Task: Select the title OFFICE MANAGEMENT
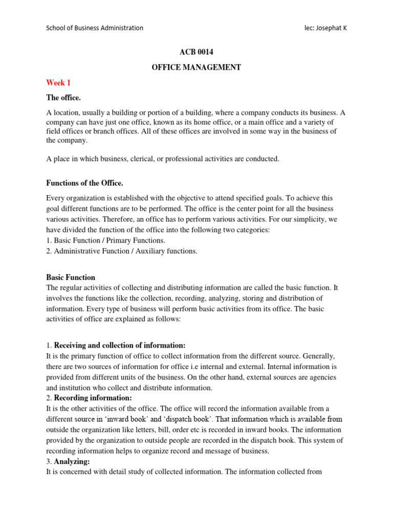pyautogui.click(x=196, y=68)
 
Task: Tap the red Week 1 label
pyautogui.click(x=58, y=83)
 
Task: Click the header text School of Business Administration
pyautogui.click(x=95, y=28)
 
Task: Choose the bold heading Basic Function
pyautogui.click(x=71, y=277)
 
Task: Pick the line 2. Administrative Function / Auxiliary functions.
pyautogui.click(x=122, y=251)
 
